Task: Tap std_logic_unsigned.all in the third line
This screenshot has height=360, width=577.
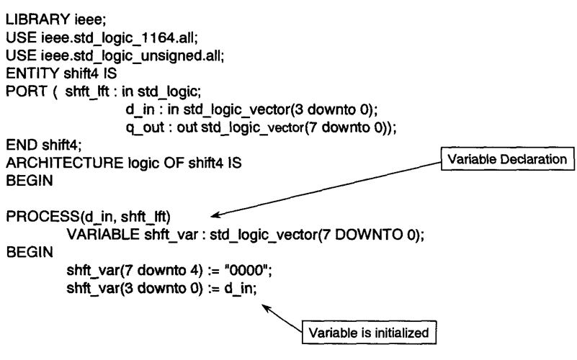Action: [x=148, y=56]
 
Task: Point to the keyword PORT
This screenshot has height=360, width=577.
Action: [x=27, y=91]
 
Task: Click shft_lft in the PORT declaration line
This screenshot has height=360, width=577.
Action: [x=87, y=91]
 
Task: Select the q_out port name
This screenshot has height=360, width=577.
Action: [x=145, y=127]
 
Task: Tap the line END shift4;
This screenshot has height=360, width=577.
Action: [x=44, y=145]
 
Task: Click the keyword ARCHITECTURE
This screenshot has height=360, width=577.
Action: [x=65, y=163]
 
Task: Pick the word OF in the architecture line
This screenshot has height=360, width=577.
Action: [x=174, y=163]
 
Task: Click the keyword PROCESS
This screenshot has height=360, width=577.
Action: [x=43, y=216]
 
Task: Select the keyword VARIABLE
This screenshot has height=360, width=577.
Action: [x=103, y=234]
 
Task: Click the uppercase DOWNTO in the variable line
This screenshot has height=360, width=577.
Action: [x=369, y=234]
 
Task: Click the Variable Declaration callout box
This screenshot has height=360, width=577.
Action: [x=507, y=159]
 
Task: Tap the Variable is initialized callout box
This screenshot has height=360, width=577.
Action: [x=369, y=333]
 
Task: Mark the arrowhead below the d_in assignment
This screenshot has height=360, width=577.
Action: [x=266, y=308]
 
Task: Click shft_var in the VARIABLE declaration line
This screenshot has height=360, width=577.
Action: [x=171, y=235]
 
